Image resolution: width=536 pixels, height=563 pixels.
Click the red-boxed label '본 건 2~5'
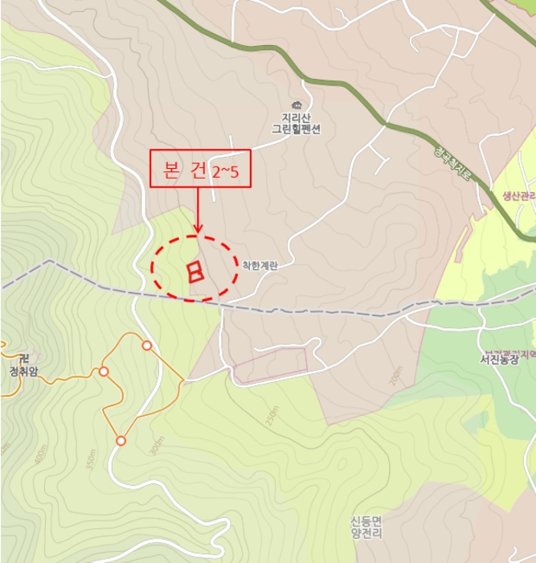[200, 169]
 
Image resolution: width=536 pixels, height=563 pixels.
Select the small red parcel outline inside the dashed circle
[194, 271]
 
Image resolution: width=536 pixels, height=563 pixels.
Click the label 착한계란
[260, 265]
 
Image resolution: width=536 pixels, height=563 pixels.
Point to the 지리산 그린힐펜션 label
[296, 123]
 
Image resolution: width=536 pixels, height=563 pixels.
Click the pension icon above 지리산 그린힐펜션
[296, 105]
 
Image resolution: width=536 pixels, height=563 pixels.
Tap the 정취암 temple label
[23, 372]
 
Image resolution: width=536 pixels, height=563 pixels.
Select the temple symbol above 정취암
[23, 359]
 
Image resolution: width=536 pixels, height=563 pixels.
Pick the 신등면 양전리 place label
[366, 527]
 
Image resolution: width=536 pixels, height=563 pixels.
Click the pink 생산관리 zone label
[518, 195]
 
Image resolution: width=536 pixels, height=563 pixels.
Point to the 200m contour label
[395, 376]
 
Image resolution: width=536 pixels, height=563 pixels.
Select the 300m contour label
[156, 447]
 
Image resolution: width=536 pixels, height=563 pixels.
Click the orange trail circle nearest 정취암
[104, 372]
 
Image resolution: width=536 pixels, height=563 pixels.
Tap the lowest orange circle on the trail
[121, 441]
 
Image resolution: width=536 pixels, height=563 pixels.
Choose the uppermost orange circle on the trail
[146, 346]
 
